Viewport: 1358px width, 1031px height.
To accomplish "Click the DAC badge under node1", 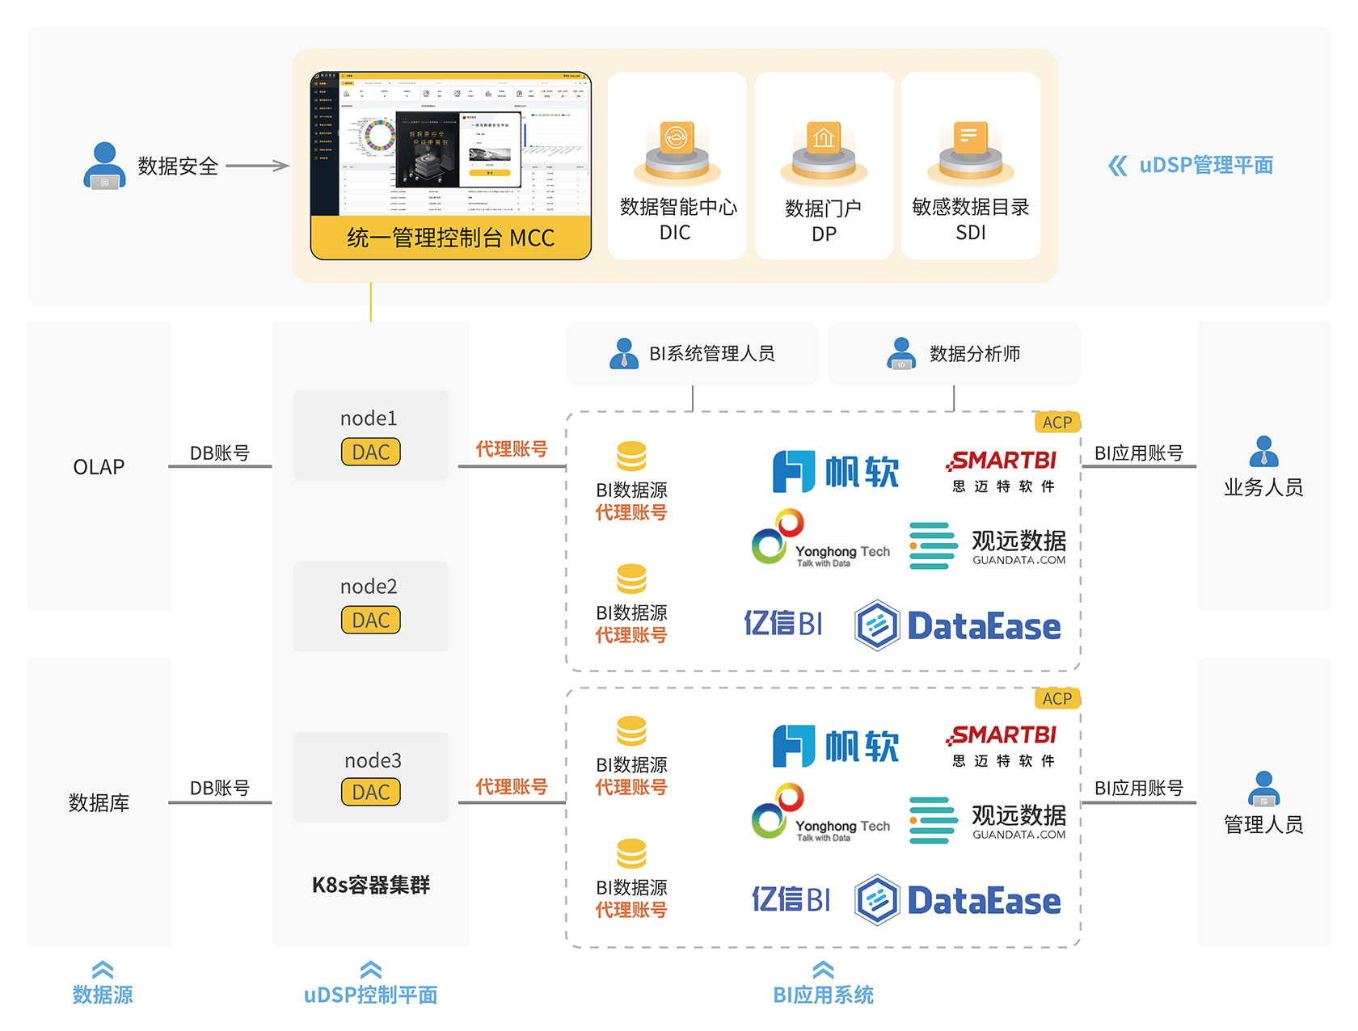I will (371, 452).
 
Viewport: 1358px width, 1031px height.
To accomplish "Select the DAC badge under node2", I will (371, 620).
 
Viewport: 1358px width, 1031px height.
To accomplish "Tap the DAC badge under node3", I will (371, 792).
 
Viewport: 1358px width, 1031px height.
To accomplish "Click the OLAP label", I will (99, 467).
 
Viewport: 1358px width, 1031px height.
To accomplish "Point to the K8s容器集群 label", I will (371, 885).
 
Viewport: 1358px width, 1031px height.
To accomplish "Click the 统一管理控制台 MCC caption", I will (450, 238).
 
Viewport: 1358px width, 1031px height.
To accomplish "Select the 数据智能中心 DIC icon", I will (677, 152).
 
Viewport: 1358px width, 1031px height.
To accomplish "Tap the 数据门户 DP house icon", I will (824, 152).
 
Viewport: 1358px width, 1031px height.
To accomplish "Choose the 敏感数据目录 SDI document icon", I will (970, 152).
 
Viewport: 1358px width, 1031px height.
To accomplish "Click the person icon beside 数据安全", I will (104, 166).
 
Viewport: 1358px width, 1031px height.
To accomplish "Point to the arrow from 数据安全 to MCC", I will (257, 166).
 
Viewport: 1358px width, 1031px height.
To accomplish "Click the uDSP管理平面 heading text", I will (1205, 166).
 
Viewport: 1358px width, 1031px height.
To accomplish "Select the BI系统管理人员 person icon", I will (623, 354).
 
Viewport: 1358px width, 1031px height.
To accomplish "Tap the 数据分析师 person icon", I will (901, 354).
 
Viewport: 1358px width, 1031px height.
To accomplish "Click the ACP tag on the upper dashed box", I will (1056, 423).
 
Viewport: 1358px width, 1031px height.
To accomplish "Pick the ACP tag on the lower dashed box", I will (1056, 699).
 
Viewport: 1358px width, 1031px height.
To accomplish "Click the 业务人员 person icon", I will (1263, 452).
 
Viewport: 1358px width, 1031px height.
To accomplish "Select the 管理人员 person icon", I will (1263, 789).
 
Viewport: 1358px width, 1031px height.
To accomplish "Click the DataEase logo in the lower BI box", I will (959, 900).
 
